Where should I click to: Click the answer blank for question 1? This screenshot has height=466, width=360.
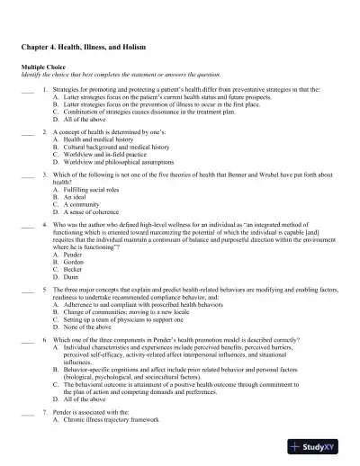pyautogui.click(x=26, y=91)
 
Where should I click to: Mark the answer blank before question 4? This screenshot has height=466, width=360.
pyautogui.click(x=26, y=220)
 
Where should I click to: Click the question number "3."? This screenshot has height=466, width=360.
pyautogui.click(x=45, y=175)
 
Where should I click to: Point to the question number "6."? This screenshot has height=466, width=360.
pyautogui.click(x=45, y=342)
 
